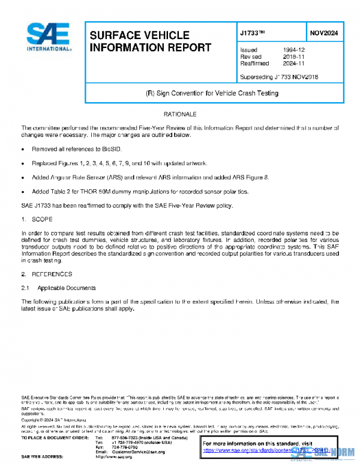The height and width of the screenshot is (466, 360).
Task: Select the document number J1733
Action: (x=254, y=33)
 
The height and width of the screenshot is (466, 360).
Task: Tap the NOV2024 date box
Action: (x=324, y=33)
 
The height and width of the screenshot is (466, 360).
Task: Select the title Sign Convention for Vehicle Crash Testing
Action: (x=212, y=94)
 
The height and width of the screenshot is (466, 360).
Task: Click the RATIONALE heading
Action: (x=180, y=114)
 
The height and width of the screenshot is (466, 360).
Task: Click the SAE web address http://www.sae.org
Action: (x=114, y=456)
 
